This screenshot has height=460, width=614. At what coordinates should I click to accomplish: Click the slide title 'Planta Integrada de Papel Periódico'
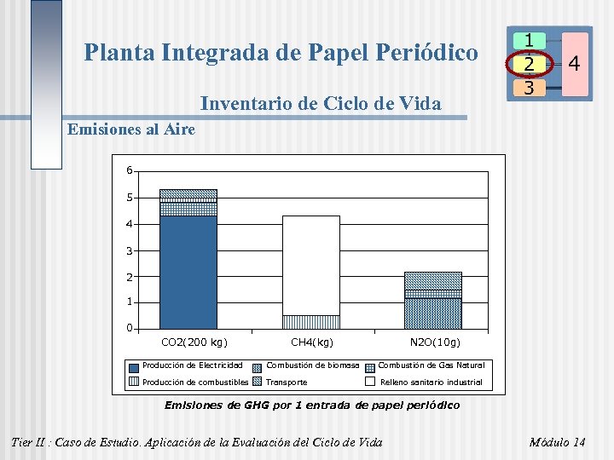(281, 53)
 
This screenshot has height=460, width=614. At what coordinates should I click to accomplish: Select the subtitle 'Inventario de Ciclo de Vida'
(320, 104)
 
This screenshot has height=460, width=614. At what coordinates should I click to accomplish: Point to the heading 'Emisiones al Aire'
(130, 129)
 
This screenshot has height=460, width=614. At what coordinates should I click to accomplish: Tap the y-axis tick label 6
(129, 170)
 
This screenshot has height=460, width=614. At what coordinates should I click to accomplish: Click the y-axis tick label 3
(129, 250)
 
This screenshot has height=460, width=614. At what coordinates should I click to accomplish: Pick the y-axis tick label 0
(129, 328)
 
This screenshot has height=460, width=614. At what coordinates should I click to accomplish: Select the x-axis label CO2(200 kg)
(194, 342)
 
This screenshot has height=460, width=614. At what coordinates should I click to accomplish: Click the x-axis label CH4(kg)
(312, 342)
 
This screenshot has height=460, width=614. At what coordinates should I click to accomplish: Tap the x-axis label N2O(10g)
(434, 342)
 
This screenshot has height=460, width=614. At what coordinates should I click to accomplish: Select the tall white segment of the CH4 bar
(311, 264)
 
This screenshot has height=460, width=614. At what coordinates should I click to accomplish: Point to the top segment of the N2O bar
(432, 280)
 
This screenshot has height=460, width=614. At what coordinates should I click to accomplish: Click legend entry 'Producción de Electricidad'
(186, 365)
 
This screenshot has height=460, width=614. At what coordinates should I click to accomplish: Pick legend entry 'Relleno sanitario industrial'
(431, 382)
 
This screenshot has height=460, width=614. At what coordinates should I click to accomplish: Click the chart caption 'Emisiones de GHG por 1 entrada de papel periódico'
(311, 405)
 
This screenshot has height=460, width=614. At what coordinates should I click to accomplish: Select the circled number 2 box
(529, 64)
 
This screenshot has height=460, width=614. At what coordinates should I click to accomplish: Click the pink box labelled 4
(574, 64)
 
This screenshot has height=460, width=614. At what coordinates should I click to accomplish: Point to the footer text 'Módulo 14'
(557, 442)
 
